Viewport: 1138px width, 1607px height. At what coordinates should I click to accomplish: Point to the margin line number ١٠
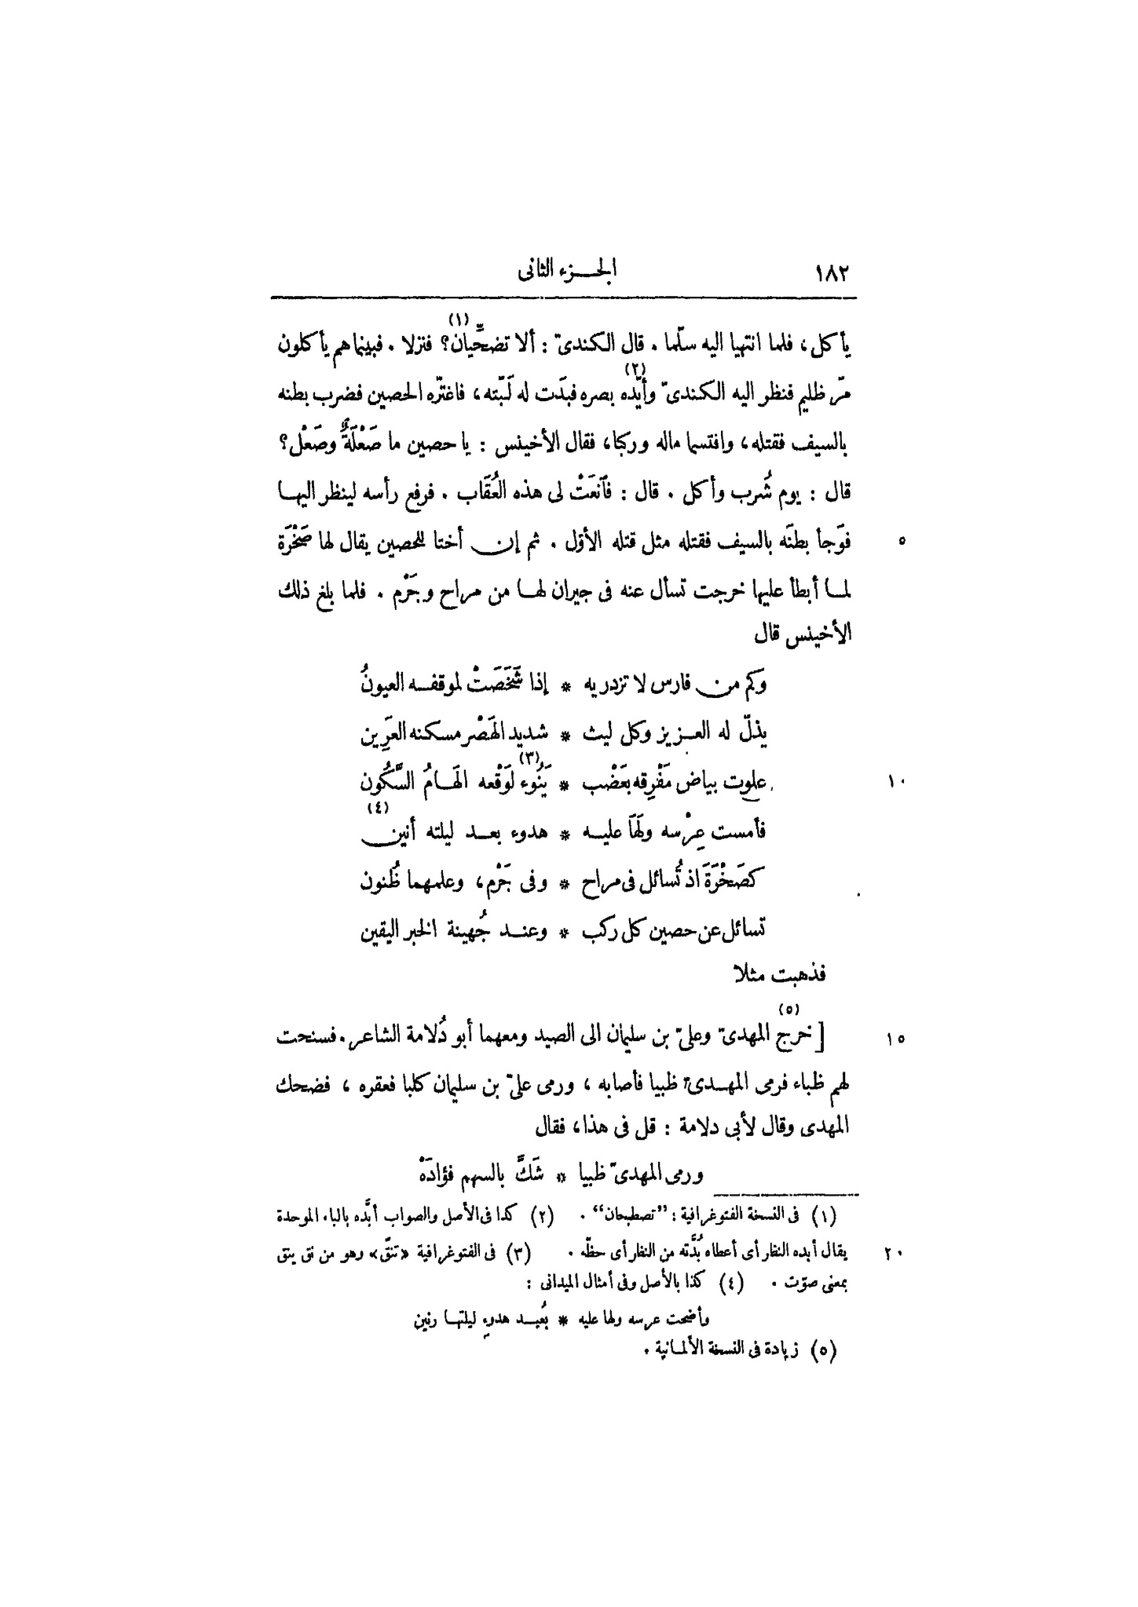pyautogui.click(x=897, y=782)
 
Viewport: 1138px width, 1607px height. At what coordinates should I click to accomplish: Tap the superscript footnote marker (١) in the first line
pyautogui.click(x=458, y=319)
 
